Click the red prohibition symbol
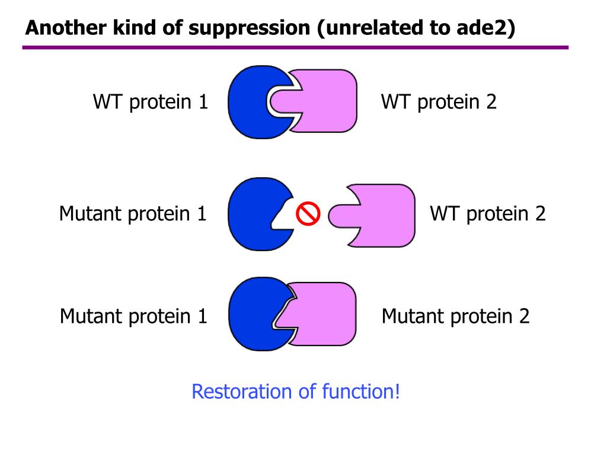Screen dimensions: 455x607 [x=308, y=214]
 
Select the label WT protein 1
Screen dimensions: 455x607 [x=151, y=102]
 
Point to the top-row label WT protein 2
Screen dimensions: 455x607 [x=439, y=102]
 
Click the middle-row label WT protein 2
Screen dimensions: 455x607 [x=487, y=213]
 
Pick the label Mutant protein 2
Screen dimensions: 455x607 [x=455, y=316]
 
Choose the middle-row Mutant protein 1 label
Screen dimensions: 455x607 [x=133, y=213]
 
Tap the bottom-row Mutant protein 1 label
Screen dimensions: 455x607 [x=133, y=316]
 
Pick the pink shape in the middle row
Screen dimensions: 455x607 [x=379, y=214]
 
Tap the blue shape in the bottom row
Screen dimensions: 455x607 [x=249, y=316]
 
